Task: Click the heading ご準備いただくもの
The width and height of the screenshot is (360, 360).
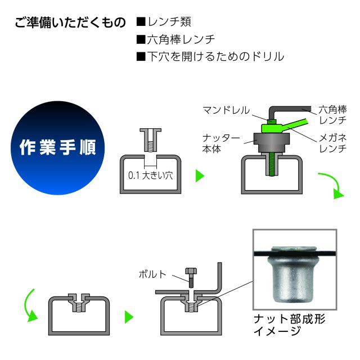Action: [x=71, y=24]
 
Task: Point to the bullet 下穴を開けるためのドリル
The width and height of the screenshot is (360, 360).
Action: [x=210, y=56]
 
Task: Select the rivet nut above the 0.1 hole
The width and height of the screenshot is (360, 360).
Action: [x=150, y=139]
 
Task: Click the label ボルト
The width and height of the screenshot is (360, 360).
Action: [x=152, y=274]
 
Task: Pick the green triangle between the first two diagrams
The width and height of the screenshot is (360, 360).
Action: [x=199, y=176]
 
